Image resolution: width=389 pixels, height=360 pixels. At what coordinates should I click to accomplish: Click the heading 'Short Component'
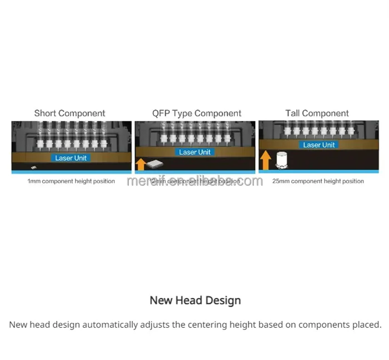(x=69, y=114)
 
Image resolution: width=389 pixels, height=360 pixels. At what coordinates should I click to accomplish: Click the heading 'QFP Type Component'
(x=197, y=114)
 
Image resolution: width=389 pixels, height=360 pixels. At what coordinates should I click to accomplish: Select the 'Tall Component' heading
(x=317, y=114)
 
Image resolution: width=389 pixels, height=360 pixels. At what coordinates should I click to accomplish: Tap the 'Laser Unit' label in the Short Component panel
(x=71, y=158)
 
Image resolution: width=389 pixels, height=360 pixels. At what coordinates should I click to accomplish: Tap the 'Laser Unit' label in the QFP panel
(x=194, y=152)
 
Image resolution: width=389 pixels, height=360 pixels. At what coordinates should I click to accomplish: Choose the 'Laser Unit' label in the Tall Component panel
(x=319, y=145)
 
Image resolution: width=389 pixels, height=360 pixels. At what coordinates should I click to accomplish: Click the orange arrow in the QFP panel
(x=141, y=164)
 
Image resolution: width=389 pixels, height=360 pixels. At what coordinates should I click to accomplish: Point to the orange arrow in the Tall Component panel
(x=266, y=160)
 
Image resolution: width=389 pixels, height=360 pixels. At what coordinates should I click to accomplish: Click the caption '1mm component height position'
(x=71, y=181)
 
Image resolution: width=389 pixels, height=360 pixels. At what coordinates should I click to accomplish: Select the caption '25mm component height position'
(x=318, y=181)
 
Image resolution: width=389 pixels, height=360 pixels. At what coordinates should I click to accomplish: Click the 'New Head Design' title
(x=195, y=300)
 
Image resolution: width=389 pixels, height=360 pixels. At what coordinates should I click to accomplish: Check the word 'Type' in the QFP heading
(x=182, y=114)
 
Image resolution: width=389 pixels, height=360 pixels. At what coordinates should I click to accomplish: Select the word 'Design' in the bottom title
(x=222, y=300)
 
